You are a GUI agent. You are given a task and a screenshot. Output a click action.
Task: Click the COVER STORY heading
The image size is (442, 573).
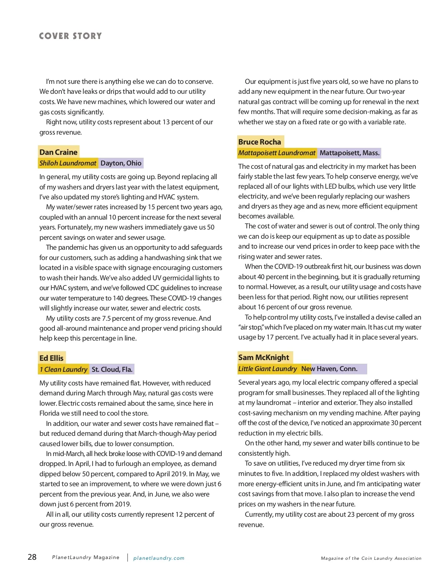[x=70, y=36]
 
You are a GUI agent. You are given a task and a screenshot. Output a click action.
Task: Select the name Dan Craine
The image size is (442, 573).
[x=59, y=152]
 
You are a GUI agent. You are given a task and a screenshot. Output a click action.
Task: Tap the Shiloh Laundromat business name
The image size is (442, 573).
[x=68, y=163]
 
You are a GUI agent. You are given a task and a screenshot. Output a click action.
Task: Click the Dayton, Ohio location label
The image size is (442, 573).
[x=121, y=163]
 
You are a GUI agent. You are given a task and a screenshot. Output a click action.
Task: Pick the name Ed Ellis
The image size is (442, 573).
[x=52, y=358]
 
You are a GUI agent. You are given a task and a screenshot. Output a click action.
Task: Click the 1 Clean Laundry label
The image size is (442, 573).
[x=63, y=370]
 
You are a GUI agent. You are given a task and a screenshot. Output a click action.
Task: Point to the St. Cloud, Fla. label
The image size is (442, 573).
[x=112, y=370]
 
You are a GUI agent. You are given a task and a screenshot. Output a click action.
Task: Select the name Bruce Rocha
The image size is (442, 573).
[x=260, y=142]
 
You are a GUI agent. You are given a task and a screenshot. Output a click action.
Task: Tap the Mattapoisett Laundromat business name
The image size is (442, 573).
[x=277, y=153]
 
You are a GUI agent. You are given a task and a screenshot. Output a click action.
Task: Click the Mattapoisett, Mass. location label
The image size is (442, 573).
[x=349, y=153]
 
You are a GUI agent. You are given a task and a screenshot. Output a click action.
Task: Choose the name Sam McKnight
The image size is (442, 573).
[x=264, y=357]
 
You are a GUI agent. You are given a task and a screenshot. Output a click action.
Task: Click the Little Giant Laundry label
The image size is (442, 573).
[x=267, y=369]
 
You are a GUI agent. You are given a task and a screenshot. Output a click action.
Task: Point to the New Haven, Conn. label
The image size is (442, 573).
[x=329, y=369]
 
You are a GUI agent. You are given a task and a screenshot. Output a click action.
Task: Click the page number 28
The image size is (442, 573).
[x=32, y=557]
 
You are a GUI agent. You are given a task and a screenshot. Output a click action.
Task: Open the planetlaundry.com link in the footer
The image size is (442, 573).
[x=159, y=558]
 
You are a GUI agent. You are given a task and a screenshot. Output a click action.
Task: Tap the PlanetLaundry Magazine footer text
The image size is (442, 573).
[x=86, y=558]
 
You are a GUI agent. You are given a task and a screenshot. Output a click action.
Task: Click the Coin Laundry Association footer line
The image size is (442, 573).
[x=371, y=558]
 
